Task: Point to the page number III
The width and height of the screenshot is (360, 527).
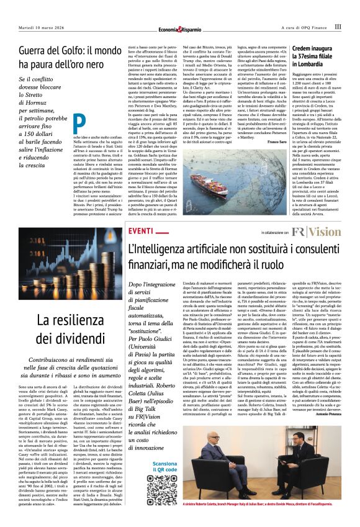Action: coord(338,26)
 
